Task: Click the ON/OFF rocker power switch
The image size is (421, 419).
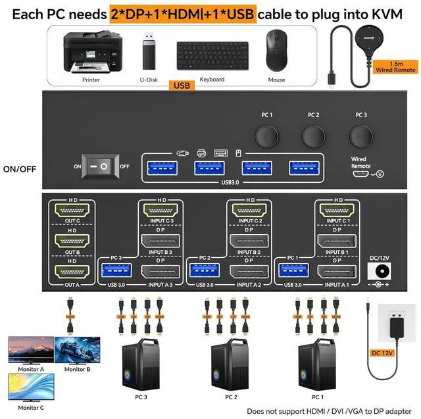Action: pyautogui.click(x=101, y=166)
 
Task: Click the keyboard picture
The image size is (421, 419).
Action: pyautogui.click(x=212, y=55)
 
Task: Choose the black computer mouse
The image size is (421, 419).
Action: pyautogui.click(x=276, y=53)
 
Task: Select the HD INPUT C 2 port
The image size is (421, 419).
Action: pyautogui.click(x=250, y=212)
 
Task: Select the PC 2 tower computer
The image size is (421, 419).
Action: pyautogui.click(x=230, y=366)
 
